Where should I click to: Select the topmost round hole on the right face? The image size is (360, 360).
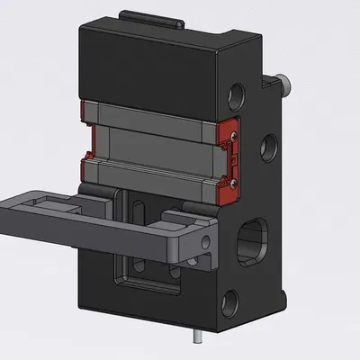pyautogui.click(x=237, y=93)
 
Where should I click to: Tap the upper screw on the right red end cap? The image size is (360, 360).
pyautogui.click(x=234, y=133)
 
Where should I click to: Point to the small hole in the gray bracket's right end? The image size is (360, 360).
pyautogui.click(x=210, y=241)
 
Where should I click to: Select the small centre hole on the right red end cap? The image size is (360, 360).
pyautogui.click(x=234, y=157)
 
